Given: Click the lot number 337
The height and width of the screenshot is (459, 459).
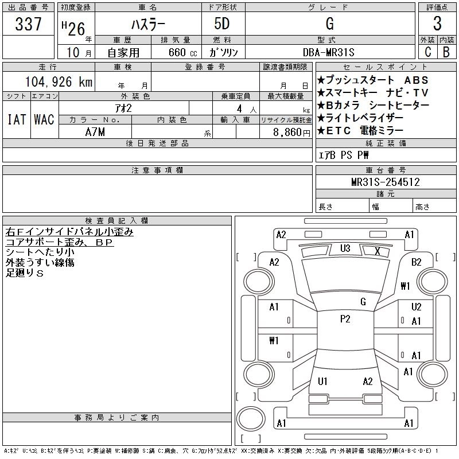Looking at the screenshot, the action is tap(29, 25).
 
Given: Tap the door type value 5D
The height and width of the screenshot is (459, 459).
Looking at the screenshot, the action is tap(223, 24).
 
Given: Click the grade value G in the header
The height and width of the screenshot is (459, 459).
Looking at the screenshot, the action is tap(329, 24).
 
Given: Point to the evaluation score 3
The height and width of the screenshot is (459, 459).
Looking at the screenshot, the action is tap(437, 24).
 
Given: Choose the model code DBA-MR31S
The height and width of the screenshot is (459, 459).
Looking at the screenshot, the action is tap(329, 52).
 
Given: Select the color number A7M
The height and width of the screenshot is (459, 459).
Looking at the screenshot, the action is tap(95, 131).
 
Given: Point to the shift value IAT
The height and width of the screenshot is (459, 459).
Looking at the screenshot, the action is tap(16, 119).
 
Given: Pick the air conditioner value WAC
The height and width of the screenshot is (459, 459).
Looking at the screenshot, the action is tap(44, 119).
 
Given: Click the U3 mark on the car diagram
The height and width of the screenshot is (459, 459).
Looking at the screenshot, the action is tap(345, 248).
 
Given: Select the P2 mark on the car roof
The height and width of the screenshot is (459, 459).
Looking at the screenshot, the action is tap(345, 319).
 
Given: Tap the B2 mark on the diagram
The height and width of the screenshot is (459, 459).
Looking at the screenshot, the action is tap(417, 262).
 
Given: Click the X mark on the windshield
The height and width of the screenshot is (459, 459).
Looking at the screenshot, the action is tap(377, 251).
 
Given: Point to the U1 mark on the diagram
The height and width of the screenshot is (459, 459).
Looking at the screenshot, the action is tap(322, 381).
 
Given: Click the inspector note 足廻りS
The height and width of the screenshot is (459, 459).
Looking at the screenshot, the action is tap(25, 273).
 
